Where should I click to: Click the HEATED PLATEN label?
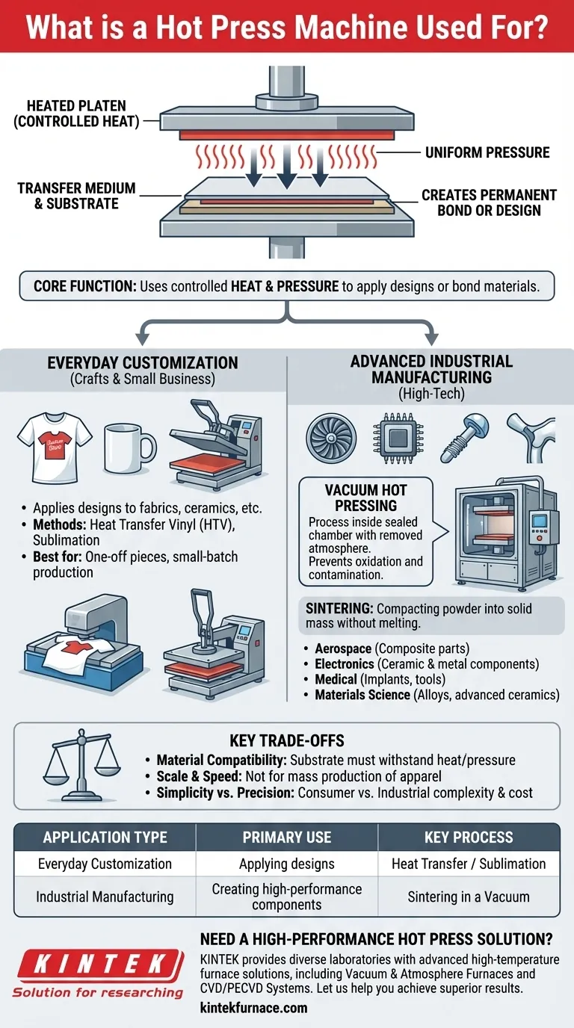[76, 114]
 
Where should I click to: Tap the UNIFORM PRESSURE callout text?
[487, 152]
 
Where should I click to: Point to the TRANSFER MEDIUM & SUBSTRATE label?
[76, 196]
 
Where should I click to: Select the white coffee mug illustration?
[130, 448]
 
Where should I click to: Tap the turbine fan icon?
[331, 438]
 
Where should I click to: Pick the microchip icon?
[398, 438]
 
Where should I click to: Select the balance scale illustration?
[81, 765]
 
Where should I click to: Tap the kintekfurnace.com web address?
[254, 1008]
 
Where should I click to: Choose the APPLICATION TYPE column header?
[105, 837]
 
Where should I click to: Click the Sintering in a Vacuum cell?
[469, 897]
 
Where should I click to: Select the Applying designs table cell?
[286, 864]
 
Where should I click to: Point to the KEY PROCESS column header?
[469, 837]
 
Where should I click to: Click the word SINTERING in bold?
[339, 609]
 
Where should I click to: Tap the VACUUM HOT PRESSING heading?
[365, 498]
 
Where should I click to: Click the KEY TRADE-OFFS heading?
[287, 740]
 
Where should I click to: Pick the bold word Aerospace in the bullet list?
[343, 648]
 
